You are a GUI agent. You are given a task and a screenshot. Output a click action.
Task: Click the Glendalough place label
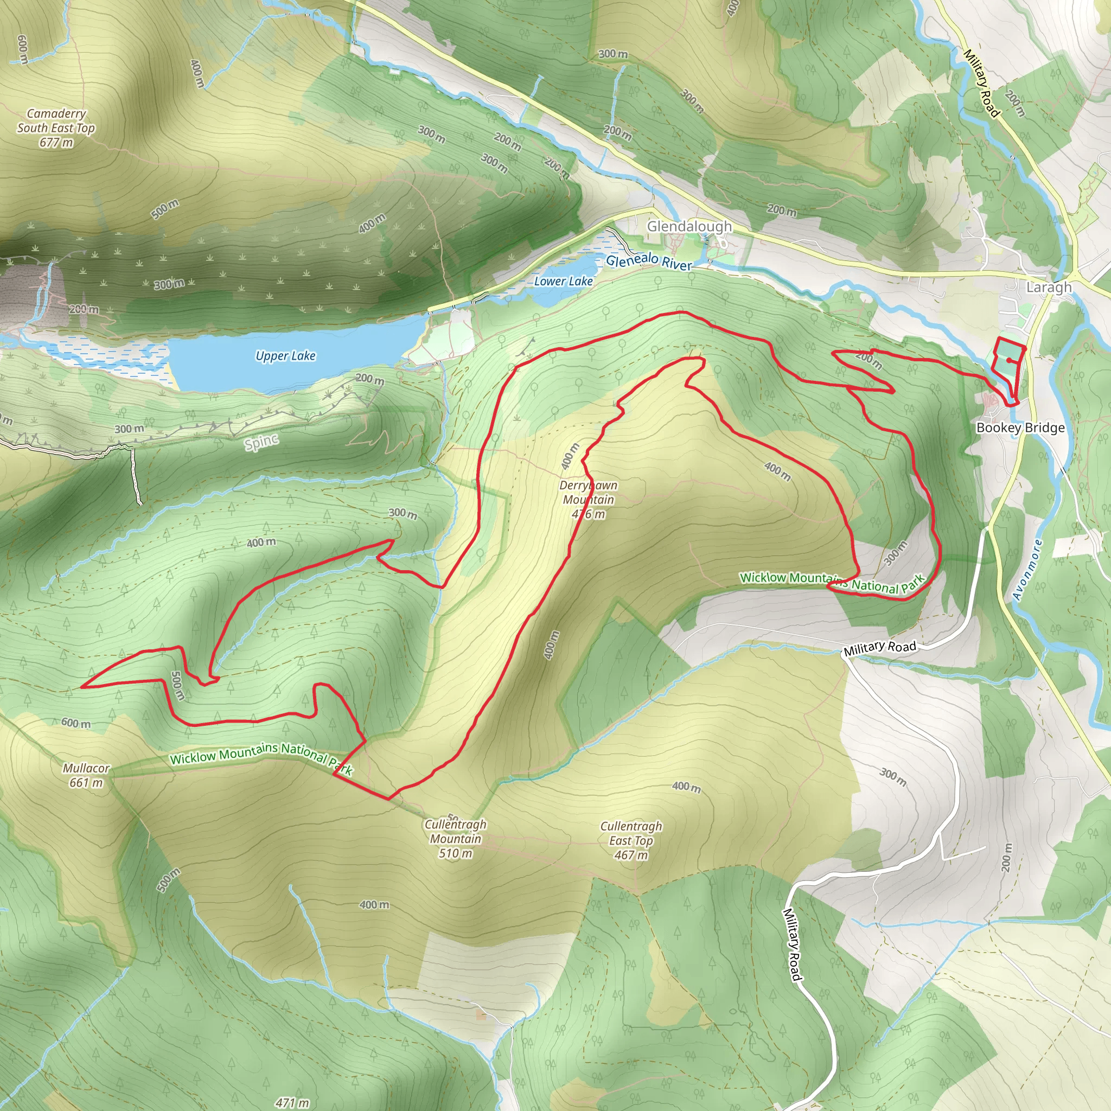(x=689, y=227)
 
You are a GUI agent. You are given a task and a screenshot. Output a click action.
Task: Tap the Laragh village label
(x=1049, y=287)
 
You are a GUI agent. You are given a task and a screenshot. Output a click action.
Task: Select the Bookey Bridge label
(x=1020, y=428)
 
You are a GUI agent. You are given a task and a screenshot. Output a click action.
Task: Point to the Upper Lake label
(x=285, y=356)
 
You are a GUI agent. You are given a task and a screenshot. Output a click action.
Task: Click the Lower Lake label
(x=563, y=281)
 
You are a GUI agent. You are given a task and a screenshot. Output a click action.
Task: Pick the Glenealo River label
(x=649, y=261)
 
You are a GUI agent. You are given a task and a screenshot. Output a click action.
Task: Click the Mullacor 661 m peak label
(x=86, y=775)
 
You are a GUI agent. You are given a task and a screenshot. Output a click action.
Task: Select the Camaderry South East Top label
(x=56, y=121)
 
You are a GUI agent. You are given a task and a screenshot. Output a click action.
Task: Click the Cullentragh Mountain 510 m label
(x=456, y=839)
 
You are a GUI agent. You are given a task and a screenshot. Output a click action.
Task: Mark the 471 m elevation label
(x=292, y=1102)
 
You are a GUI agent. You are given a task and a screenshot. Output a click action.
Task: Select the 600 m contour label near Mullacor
(x=76, y=723)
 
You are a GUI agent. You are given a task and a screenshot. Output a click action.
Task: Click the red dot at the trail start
(x=1009, y=361)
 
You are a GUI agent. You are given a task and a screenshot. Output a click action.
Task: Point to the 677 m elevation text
(x=56, y=143)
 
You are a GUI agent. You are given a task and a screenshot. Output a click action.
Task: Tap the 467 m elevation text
(x=631, y=855)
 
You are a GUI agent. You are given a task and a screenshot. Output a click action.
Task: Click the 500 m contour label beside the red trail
(x=178, y=686)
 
